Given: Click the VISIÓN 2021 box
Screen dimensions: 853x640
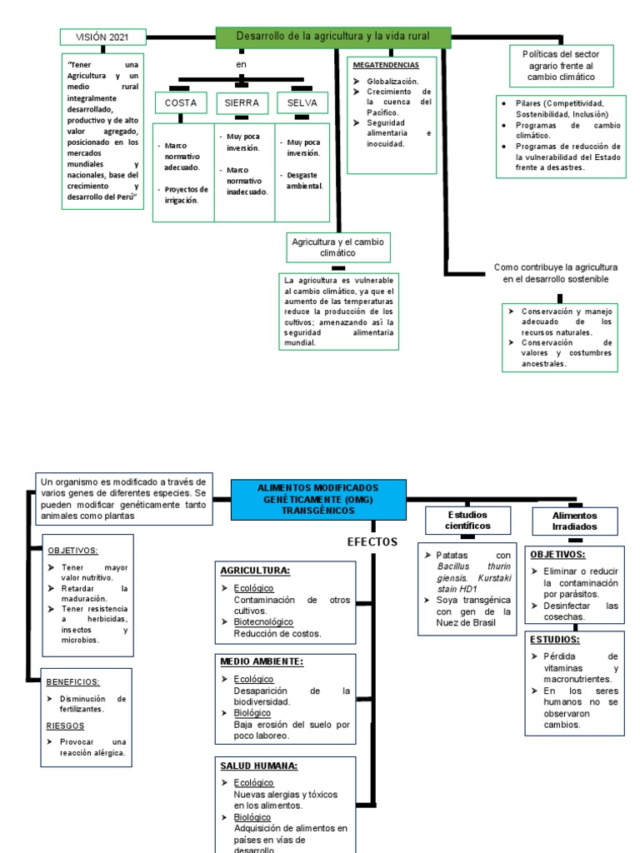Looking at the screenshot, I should coord(103,37).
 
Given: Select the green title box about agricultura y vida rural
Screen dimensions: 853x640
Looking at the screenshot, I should coord(333,37).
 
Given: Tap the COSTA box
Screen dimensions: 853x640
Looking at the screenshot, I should coord(181,102).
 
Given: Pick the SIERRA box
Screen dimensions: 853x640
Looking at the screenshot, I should coord(242,102).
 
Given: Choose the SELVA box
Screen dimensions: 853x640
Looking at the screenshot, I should coord(302,102).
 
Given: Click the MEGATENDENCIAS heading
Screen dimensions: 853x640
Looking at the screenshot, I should coord(386,64).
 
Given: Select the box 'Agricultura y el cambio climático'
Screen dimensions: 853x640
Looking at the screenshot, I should coord(337,247).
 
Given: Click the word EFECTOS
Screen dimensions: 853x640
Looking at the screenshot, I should coord(372,542).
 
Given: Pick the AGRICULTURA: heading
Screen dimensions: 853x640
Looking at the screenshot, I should coord(255,571).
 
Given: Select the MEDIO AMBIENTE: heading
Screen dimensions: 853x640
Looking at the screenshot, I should coord(262,661).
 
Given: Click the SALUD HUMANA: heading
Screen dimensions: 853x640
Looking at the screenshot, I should coord(258,766).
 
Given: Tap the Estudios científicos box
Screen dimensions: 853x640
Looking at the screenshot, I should coord(467,520).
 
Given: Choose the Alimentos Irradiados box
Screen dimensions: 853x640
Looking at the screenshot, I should coord(575,521).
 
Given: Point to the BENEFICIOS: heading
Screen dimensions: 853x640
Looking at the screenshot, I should coord(72,681).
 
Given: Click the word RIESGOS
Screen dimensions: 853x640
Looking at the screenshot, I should coord(65,726).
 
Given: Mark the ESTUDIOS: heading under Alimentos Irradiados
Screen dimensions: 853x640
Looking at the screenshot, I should coord(555,640).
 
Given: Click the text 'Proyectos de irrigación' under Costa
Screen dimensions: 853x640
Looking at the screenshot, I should coord(186,194).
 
